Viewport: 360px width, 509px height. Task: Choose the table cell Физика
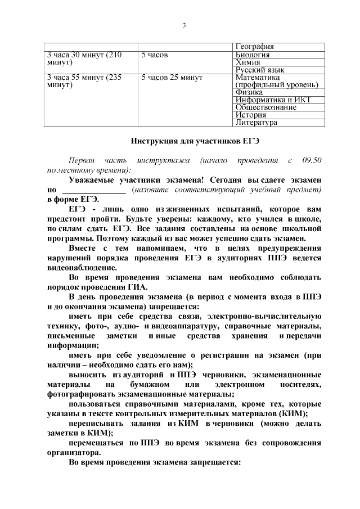pyautogui.click(x=249, y=92)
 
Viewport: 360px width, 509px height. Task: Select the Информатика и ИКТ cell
pyautogui.click(x=273, y=100)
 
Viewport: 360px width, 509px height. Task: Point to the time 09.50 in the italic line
pyautogui.click(x=311, y=160)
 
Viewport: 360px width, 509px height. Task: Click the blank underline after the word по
pyautogui.click(x=93, y=190)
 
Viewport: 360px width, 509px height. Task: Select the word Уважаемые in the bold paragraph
pyautogui.click(x=93, y=180)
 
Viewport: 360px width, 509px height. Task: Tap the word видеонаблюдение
pyautogui.click(x=84, y=268)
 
